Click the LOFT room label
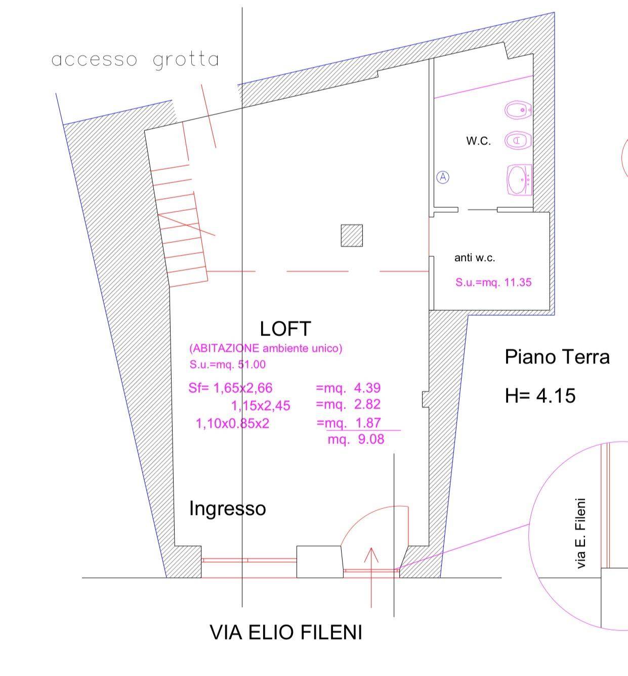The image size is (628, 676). pyautogui.click(x=285, y=329)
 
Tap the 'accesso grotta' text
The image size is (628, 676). pyautogui.click(x=135, y=60)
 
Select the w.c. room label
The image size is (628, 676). pyautogui.click(x=478, y=141)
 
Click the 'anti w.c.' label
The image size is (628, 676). pyautogui.click(x=474, y=258)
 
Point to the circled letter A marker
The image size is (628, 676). pyautogui.click(x=443, y=177)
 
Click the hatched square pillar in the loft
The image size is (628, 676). pyautogui.click(x=352, y=236)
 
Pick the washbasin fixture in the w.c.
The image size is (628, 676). pyautogui.click(x=519, y=180)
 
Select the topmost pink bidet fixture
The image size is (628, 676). pyautogui.click(x=518, y=110)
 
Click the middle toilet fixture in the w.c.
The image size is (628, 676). pyautogui.click(x=517, y=140)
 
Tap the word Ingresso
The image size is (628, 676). pyautogui.click(x=227, y=508)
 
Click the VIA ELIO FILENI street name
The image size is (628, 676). pyautogui.click(x=286, y=632)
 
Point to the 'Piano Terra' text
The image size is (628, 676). pyautogui.click(x=557, y=357)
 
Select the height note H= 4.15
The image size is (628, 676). pyautogui.click(x=540, y=395)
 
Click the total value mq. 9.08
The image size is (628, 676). pyautogui.click(x=356, y=439)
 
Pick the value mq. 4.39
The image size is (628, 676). pyautogui.click(x=348, y=388)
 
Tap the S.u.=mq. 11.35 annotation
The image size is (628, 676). pyautogui.click(x=493, y=283)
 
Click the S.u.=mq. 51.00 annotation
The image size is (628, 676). pyautogui.click(x=228, y=364)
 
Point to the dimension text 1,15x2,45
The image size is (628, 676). pyautogui.click(x=261, y=406)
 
